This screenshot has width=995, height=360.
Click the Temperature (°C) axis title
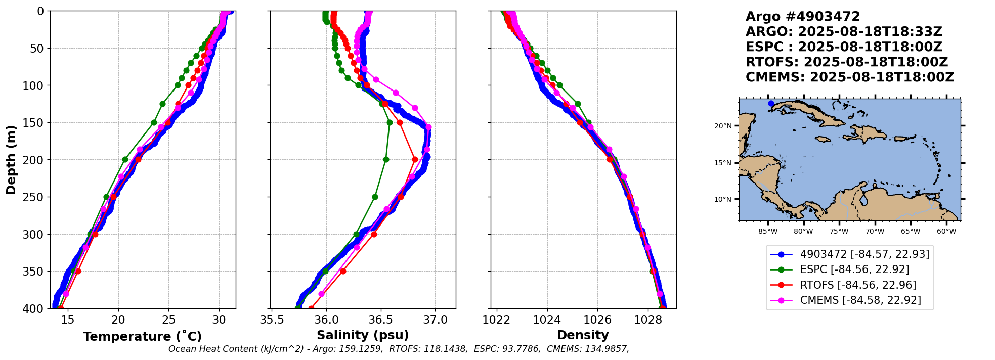click(142, 336)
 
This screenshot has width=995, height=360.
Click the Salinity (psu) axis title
click(363, 335)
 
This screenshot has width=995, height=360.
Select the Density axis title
click(583, 335)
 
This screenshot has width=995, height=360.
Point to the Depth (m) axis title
click(11, 159)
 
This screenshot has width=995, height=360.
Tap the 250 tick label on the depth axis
click(36, 197)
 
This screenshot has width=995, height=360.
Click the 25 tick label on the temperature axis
click(169, 320)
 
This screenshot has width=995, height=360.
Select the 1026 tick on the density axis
click(597, 320)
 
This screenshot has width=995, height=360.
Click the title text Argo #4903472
click(803, 17)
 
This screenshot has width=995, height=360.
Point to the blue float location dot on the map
click(771, 104)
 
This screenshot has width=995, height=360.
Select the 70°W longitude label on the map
click(875, 232)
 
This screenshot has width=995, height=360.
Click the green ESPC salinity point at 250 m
click(375, 197)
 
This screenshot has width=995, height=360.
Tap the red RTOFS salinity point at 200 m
click(415, 159)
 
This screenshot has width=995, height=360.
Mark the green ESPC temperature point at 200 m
click(125, 159)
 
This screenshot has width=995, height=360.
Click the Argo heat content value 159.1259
click(360, 349)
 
